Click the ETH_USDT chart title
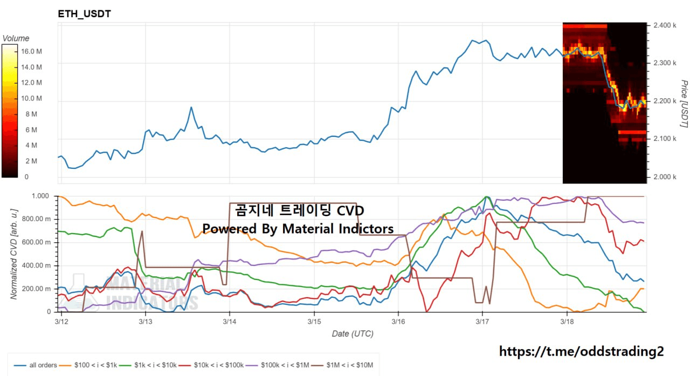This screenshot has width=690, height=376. click(x=85, y=14)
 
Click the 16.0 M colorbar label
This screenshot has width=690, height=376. click(x=31, y=51)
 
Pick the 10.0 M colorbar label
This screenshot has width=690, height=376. click(x=31, y=98)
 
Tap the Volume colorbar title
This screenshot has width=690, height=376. click(x=16, y=38)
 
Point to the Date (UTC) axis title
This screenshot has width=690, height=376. click(x=352, y=334)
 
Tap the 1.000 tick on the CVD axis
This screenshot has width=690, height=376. click(x=41, y=196)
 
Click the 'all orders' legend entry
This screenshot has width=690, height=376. click(x=36, y=365)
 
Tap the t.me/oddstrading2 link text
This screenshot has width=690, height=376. click(x=582, y=352)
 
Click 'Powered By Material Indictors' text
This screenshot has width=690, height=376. click(x=298, y=228)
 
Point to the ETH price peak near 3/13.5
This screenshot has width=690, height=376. click(x=191, y=107)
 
